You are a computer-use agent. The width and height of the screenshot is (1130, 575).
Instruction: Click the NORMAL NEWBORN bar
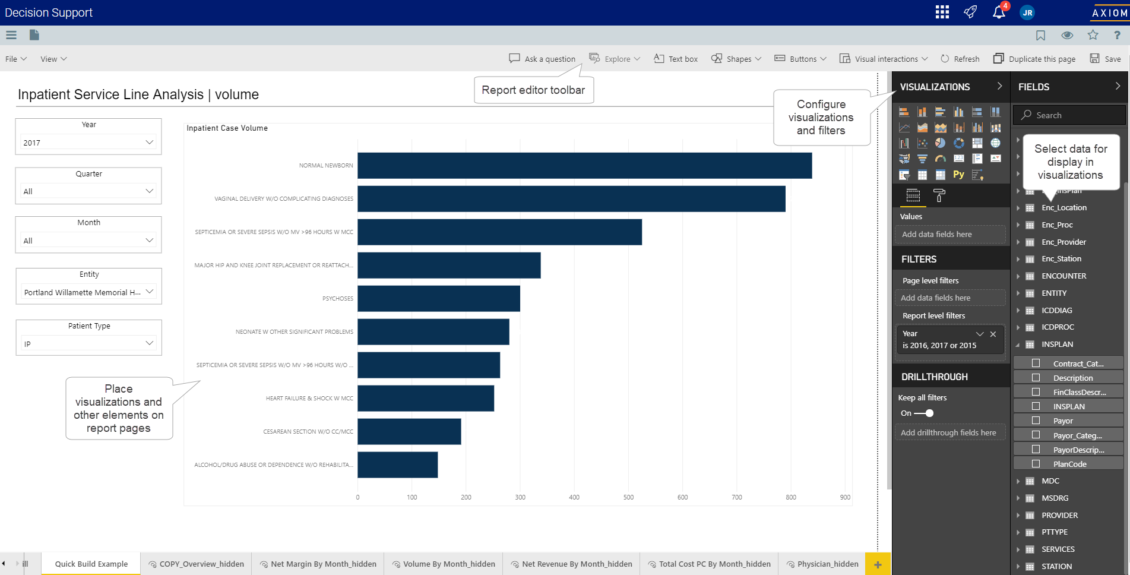pos(584,166)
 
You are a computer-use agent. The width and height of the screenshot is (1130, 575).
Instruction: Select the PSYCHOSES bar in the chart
pos(439,298)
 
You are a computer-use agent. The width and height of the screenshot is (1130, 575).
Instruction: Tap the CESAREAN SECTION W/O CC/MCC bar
pos(409,431)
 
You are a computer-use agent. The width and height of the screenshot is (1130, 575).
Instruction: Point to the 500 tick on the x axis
pos(628,497)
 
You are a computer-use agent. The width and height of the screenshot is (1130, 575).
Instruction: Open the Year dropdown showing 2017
pos(88,143)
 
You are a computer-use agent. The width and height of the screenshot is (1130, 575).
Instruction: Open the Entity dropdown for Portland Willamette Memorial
pos(88,292)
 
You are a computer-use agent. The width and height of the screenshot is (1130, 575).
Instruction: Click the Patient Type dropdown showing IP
pos(88,343)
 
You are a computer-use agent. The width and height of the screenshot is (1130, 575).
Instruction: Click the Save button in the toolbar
pos(1106,59)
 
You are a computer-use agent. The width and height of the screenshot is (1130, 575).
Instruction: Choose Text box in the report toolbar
pos(676,59)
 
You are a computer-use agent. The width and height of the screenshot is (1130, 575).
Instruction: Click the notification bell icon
pos(999,12)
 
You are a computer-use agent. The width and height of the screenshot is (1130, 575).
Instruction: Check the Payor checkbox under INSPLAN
pos(1036,421)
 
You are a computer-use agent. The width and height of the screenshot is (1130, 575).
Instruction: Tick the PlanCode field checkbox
pos(1036,464)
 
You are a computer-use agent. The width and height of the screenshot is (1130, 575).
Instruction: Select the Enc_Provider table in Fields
pos(1063,242)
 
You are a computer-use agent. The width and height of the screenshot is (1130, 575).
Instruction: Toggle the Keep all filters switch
pos(925,413)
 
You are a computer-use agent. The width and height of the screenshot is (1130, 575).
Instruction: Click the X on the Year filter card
pos(993,334)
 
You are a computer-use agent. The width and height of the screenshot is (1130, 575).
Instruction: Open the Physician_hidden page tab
pos(823,564)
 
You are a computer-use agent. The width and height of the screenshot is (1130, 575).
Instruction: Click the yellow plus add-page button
pos(878,564)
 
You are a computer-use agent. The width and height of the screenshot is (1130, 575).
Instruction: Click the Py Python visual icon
pos(958,175)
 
